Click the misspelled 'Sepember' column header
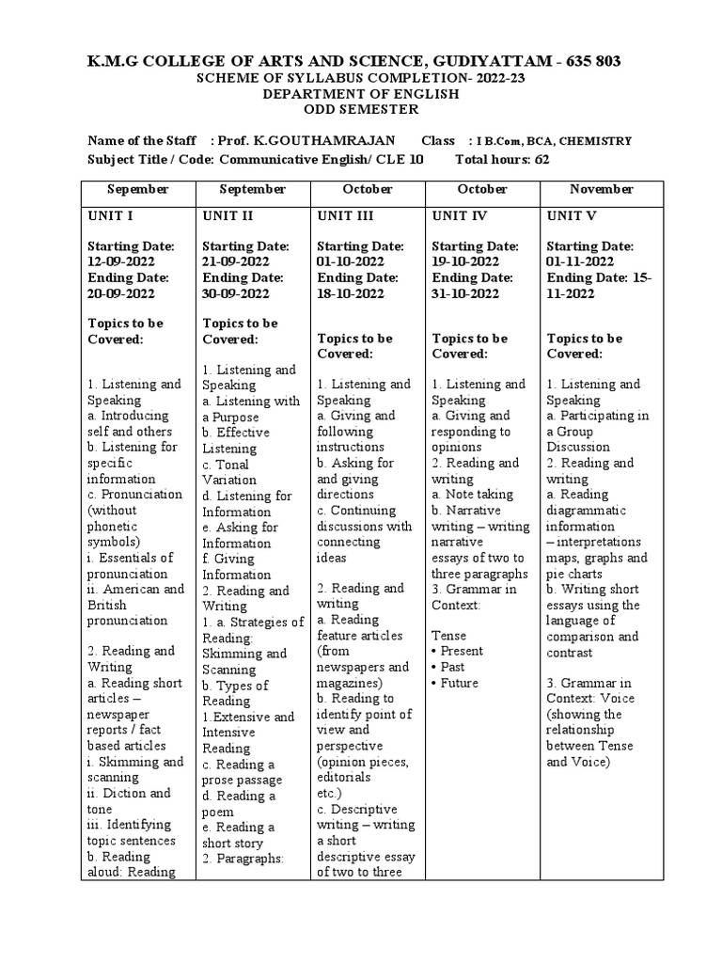137,189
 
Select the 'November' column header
601,189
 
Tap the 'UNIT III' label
345,215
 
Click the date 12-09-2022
121,261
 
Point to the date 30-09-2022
236,292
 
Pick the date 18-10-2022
351,292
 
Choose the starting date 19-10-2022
466,261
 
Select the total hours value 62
541,160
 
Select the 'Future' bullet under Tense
459,683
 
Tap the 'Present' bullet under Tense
462,651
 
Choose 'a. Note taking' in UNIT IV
472,494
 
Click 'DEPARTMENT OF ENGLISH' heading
360,94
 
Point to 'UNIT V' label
572,215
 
